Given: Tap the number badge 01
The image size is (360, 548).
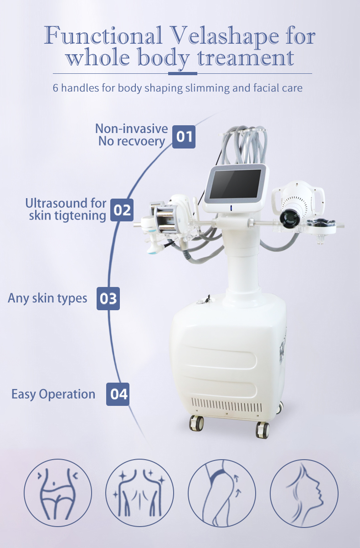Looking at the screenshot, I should point(184,136).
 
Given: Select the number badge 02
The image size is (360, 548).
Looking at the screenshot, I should point(122,210).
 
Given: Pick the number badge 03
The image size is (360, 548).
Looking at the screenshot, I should point(108,298).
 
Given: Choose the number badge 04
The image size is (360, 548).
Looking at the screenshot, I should point(118,394).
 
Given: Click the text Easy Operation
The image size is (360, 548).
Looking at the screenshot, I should point(53,394).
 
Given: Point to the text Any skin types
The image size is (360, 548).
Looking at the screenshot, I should point(47,298).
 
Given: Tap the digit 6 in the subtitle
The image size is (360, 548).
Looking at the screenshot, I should point(56,87).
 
